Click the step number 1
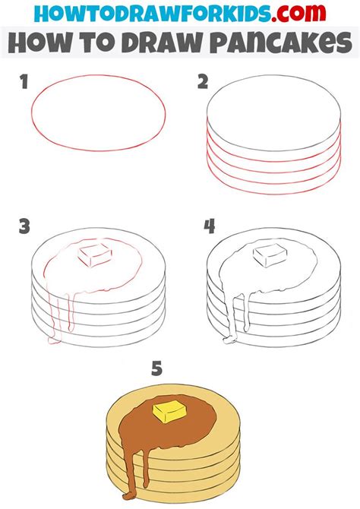[24, 82]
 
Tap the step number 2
[203, 82]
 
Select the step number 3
[24, 226]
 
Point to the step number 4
[210, 226]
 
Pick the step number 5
[156, 368]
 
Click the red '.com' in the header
[298, 13]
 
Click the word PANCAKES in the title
[282, 43]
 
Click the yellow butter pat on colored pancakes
[169, 412]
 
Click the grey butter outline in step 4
[270, 255]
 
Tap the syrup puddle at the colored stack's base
[130, 496]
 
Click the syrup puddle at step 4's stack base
[230, 340]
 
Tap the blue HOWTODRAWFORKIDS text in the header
[152, 14]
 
